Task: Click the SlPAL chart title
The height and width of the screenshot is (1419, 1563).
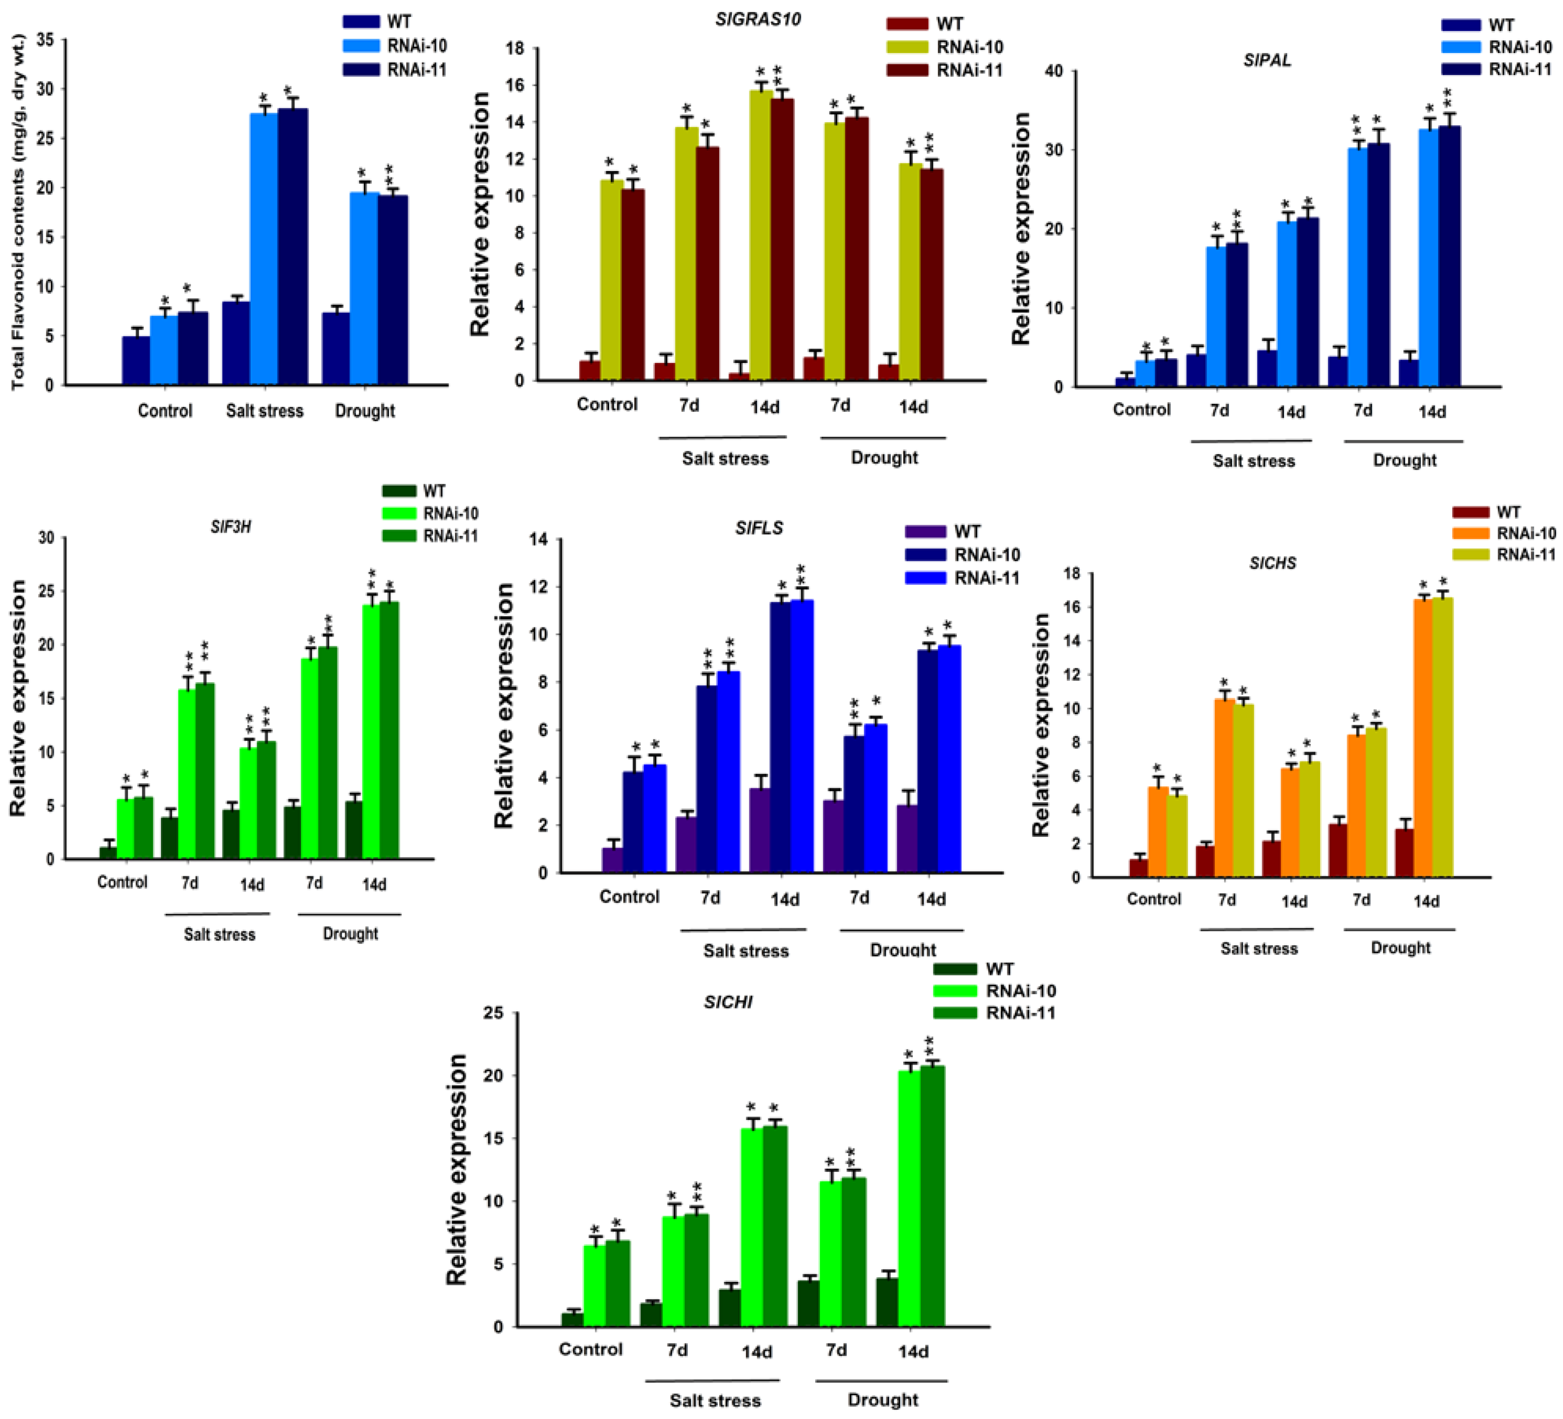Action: [1267, 60]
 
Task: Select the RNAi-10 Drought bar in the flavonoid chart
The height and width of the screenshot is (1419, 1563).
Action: [363, 288]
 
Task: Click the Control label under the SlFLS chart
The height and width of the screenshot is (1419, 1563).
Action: [629, 896]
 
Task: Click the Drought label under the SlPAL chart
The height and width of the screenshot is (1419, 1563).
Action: [1404, 461]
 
